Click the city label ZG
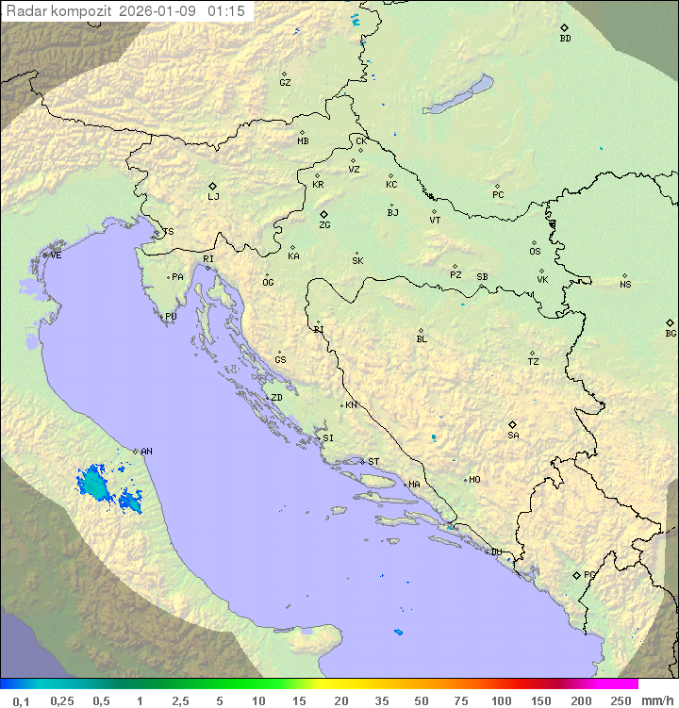click(x=324, y=226)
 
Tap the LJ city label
click(x=213, y=197)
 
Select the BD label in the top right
click(x=565, y=39)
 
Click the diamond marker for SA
click(x=513, y=424)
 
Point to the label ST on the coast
click(x=373, y=462)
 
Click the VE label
click(x=56, y=255)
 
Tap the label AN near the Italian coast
click(x=146, y=452)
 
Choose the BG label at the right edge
click(x=671, y=334)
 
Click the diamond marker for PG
click(x=577, y=574)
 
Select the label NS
click(x=625, y=285)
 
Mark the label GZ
click(x=285, y=83)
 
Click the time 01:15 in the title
click(x=227, y=11)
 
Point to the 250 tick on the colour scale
click(x=621, y=700)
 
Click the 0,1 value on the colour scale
click(x=22, y=700)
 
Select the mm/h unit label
click(x=656, y=700)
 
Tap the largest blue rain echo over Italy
click(x=93, y=484)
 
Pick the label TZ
click(x=534, y=362)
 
